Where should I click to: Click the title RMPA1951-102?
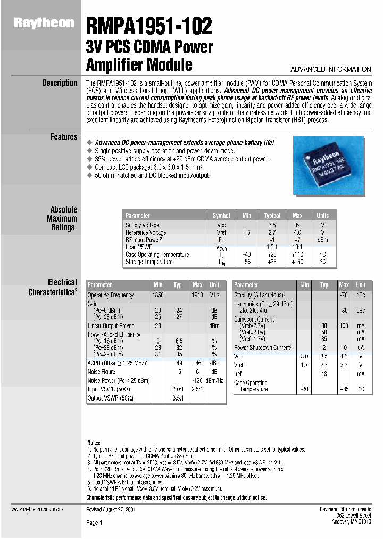tap(149, 26)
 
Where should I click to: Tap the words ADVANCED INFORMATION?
tap(330, 70)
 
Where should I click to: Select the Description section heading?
tap(60, 83)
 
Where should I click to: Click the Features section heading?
tap(64, 137)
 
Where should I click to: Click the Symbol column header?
tap(221, 216)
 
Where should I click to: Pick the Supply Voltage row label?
tap(142, 225)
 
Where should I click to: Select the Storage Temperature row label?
tap(149, 262)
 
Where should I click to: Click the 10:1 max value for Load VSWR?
tap(297, 247)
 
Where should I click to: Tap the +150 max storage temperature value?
tap(297, 262)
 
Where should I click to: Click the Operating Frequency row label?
tap(111, 295)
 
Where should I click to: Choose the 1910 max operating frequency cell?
tap(197, 295)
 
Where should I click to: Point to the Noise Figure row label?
tap(102, 372)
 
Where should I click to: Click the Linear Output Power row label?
tap(111, 325)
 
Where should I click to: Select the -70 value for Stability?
tap(344, 295)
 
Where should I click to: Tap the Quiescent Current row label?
tap(254, 319)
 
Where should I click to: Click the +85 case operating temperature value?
tap(344, 389)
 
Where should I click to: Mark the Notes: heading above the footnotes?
tap(94, 443)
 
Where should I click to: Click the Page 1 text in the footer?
tap(94, 523)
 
